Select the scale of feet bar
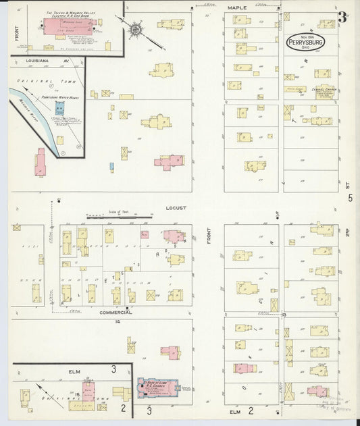(x=119, y=217)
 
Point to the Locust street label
(x=176, y=208)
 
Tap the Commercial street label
(x=115, y=313)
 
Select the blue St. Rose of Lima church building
(x=157, y=388)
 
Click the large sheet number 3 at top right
(x=342, y=17)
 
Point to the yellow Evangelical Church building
(x=324, y=92)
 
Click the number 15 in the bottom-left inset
(x=78, y=394)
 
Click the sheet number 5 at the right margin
(x=350, y=198)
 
